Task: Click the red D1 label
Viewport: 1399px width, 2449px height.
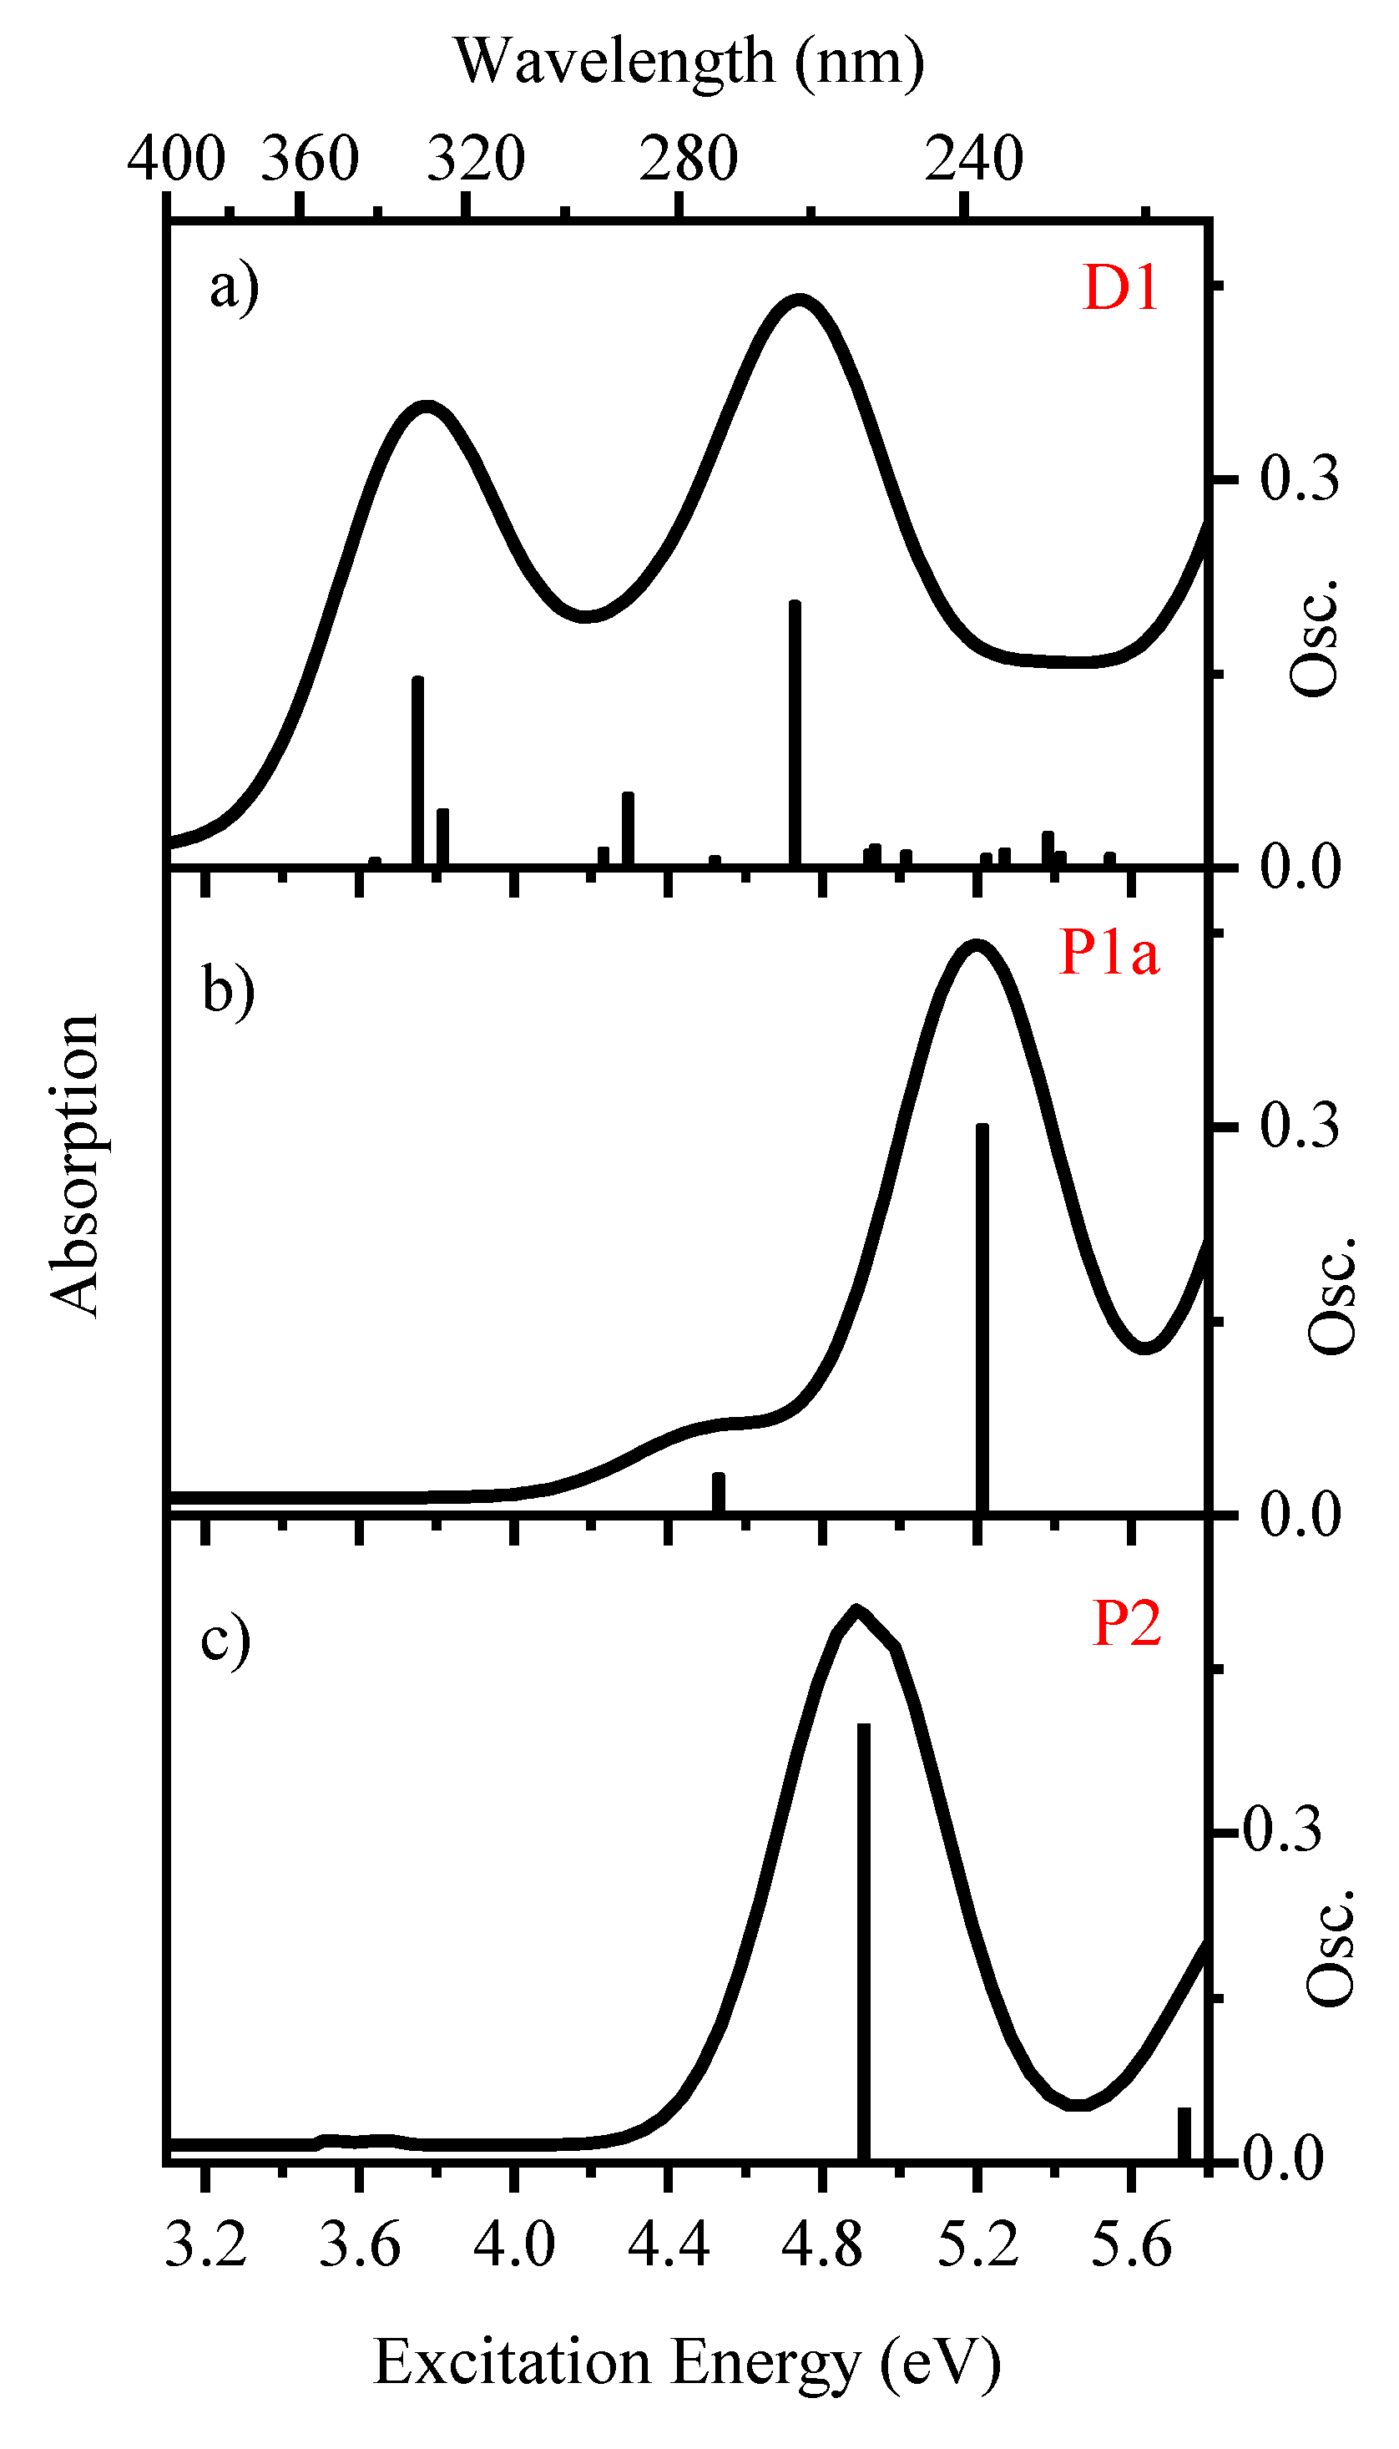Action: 1119,287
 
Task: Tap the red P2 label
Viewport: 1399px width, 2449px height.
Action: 1126,1624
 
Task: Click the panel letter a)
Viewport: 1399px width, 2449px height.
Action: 235,287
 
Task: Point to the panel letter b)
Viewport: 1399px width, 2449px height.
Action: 229,990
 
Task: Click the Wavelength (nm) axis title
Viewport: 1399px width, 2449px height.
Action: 689,62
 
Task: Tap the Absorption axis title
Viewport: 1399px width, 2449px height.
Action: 75,1164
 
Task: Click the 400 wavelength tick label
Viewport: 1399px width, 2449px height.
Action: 176,159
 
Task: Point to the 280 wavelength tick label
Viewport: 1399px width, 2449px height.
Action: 688,159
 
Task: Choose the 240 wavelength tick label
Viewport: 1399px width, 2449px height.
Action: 973,159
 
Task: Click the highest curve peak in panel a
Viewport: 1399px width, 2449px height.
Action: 800,299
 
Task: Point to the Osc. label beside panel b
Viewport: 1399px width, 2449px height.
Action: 1331,1297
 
